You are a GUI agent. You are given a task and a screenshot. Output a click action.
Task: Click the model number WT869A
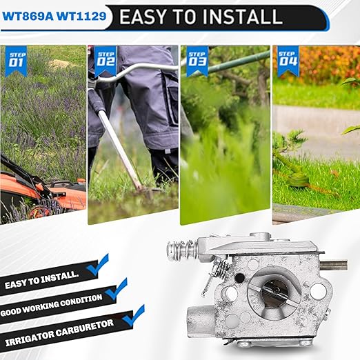click(28, 17)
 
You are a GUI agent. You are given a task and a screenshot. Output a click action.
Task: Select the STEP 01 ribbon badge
click(16, 61)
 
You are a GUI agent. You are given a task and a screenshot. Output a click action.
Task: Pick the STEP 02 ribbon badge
click(106, 61)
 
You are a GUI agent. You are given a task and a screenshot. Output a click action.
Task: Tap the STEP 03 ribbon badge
click(197, 61)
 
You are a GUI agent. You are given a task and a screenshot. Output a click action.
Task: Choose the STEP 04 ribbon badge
click(288, 61)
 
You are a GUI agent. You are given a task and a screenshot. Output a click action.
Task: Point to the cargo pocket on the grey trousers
click(173, 102)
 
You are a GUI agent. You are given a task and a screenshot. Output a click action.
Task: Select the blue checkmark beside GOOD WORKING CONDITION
click(117, 290)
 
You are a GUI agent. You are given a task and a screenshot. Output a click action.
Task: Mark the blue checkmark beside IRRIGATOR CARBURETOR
click(134, 316)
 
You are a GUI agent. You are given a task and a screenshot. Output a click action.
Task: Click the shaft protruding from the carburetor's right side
click(334, 265)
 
